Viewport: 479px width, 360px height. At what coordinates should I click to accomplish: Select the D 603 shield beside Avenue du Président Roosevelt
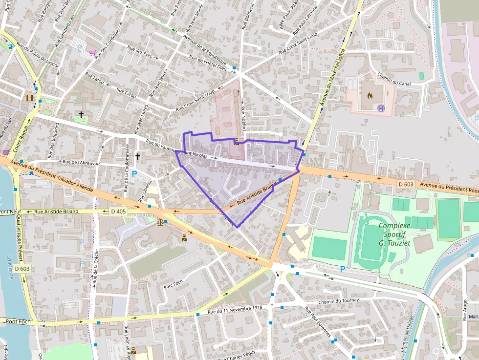point(406,184)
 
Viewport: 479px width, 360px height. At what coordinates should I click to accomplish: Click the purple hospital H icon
point(382,108)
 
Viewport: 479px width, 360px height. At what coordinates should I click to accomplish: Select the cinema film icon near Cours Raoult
point(29,98)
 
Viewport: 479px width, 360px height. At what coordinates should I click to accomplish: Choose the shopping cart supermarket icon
point(92,53)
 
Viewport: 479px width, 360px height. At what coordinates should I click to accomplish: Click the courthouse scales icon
point(160,222)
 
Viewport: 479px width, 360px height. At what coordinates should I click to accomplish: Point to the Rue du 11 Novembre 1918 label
point(235,310)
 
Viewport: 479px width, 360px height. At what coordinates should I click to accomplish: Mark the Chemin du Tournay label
point(338,300)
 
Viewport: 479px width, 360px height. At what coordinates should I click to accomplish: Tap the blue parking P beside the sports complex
point(343,269)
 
